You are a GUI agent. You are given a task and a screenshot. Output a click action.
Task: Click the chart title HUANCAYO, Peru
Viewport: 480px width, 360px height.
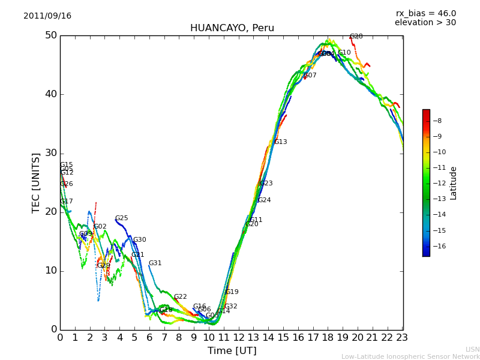(232, 28)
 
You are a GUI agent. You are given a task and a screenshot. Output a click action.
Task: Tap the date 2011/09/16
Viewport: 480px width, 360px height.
(47, 16)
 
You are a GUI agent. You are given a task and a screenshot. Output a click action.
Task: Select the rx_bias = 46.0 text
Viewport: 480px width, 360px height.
(425, 14)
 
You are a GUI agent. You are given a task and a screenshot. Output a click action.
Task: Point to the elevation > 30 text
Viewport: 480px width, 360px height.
(425, 23)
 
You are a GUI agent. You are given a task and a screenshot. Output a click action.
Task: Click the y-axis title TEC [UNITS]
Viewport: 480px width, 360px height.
(37, 182)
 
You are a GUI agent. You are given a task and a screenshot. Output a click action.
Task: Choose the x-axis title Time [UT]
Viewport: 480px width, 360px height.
(232, 351)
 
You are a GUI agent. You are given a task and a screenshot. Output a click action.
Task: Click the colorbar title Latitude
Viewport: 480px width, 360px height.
(454, 183)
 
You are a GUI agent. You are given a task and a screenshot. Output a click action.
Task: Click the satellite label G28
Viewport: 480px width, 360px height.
(356, 37)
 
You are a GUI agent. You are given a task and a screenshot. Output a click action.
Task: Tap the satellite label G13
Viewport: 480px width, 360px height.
(280, 142)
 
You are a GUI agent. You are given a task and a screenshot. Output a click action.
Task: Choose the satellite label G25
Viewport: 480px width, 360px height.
(121, 218)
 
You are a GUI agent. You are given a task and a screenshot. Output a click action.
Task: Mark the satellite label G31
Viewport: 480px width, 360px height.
(155, 263)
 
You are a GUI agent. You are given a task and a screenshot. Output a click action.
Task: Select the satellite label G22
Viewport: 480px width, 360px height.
(180, 297)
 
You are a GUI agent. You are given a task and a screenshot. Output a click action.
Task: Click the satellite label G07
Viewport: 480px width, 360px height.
(310, 76)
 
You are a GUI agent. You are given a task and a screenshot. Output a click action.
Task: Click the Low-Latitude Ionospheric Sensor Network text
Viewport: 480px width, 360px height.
(410, 357)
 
